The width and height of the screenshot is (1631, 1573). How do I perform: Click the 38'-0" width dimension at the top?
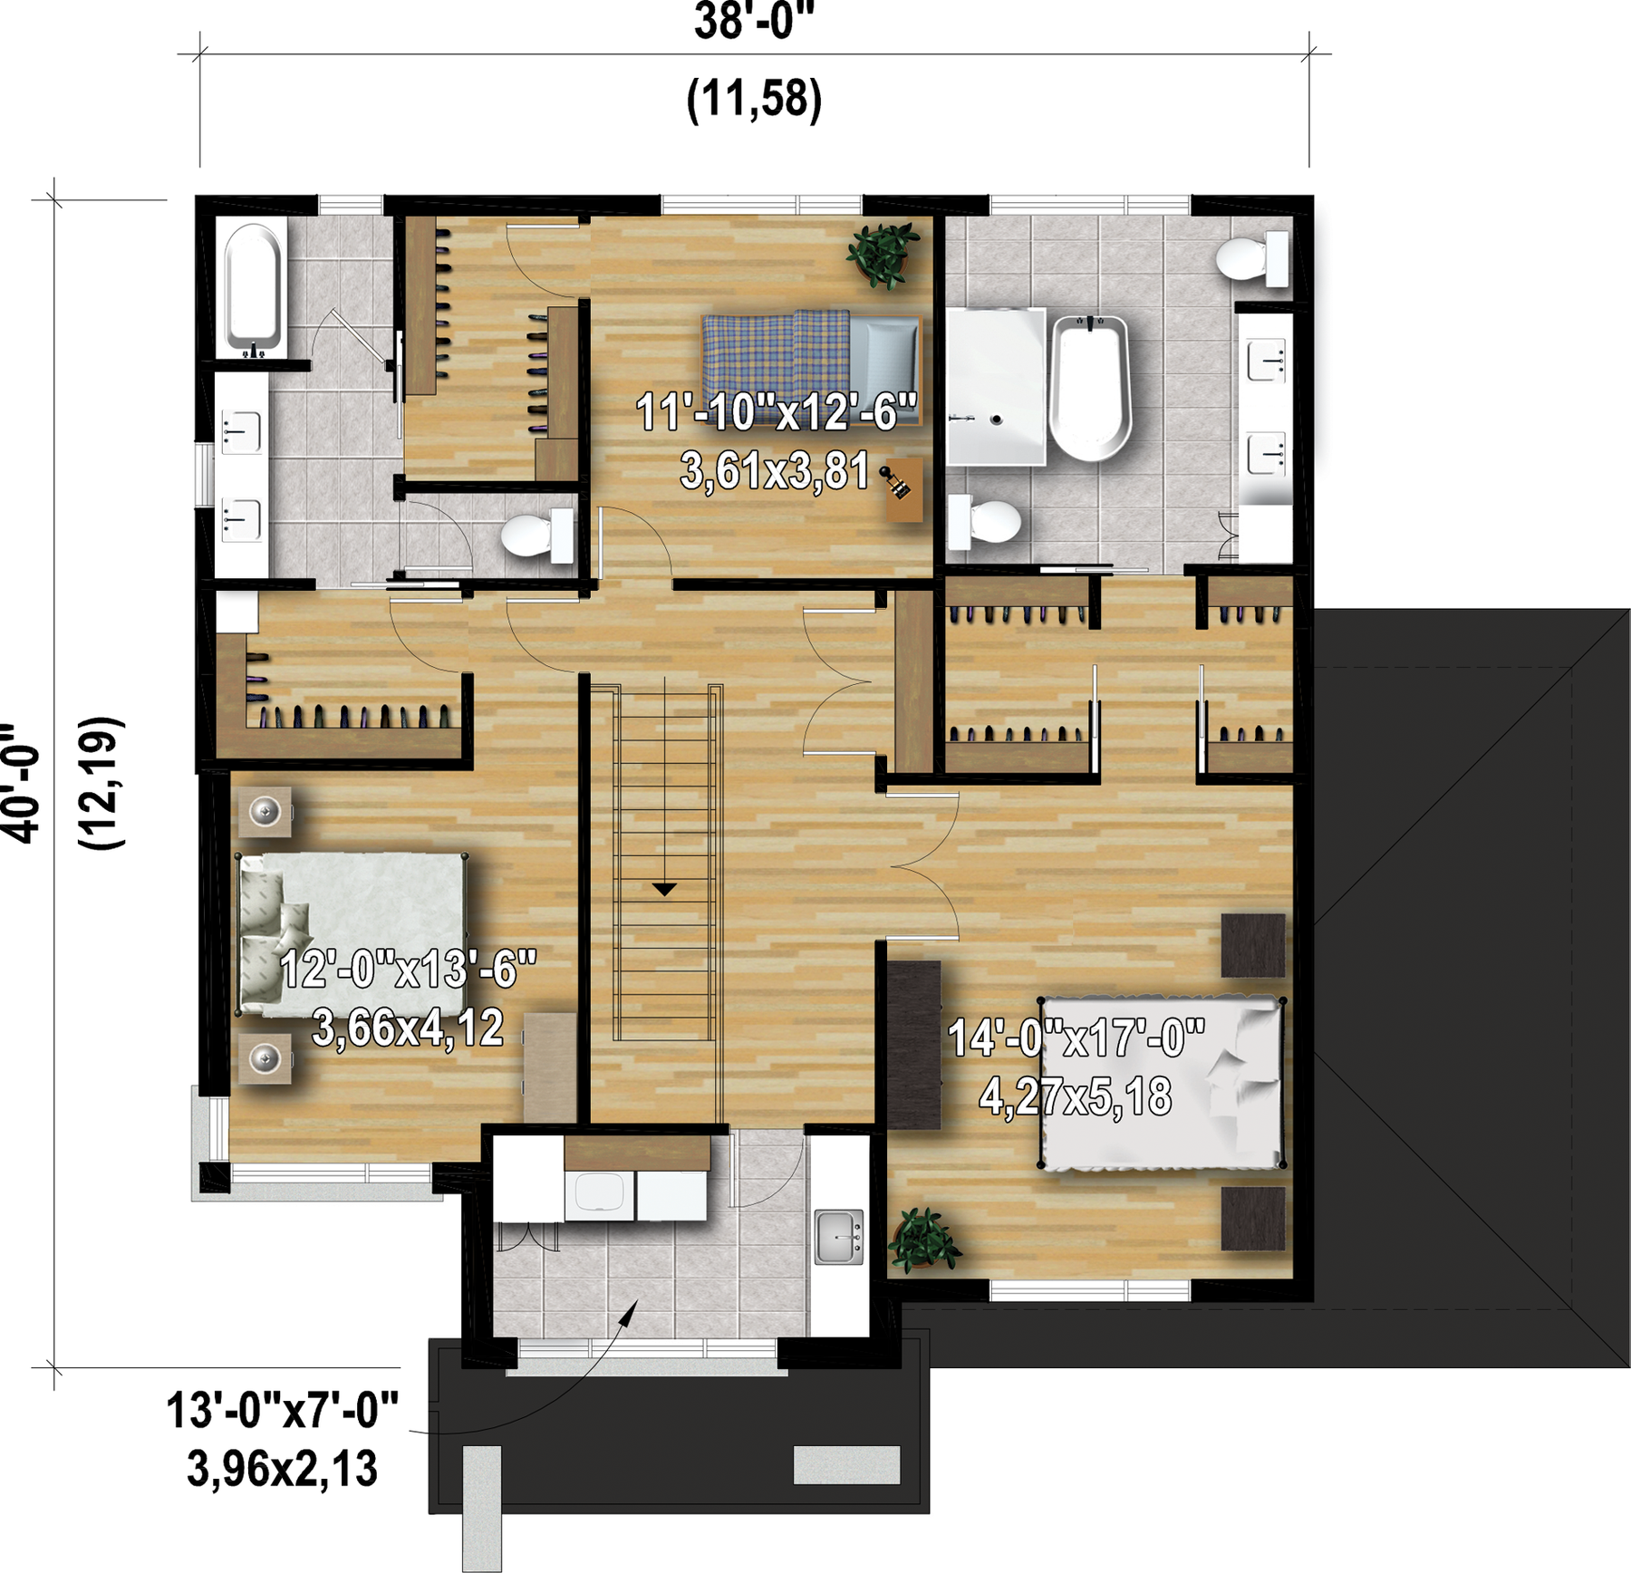(755, 23)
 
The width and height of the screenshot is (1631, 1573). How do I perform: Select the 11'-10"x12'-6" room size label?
(777, 412)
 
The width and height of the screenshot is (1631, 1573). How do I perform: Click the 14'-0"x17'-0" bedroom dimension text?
(1076, 1037)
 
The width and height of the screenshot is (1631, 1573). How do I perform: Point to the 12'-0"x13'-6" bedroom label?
(409, 970)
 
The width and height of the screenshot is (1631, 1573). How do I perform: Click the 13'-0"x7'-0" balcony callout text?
(282, 1410)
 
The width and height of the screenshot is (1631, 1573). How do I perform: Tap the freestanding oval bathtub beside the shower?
(1090, 388)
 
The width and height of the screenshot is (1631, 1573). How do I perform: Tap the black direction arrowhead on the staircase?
(665, 890)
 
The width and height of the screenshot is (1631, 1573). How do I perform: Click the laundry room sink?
(839, 1236)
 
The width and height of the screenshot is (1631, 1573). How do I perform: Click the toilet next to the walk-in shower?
(984, 522)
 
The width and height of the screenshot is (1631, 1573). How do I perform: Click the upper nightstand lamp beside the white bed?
(265, 811)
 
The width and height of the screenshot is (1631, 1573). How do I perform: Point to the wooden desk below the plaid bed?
(903, 489)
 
